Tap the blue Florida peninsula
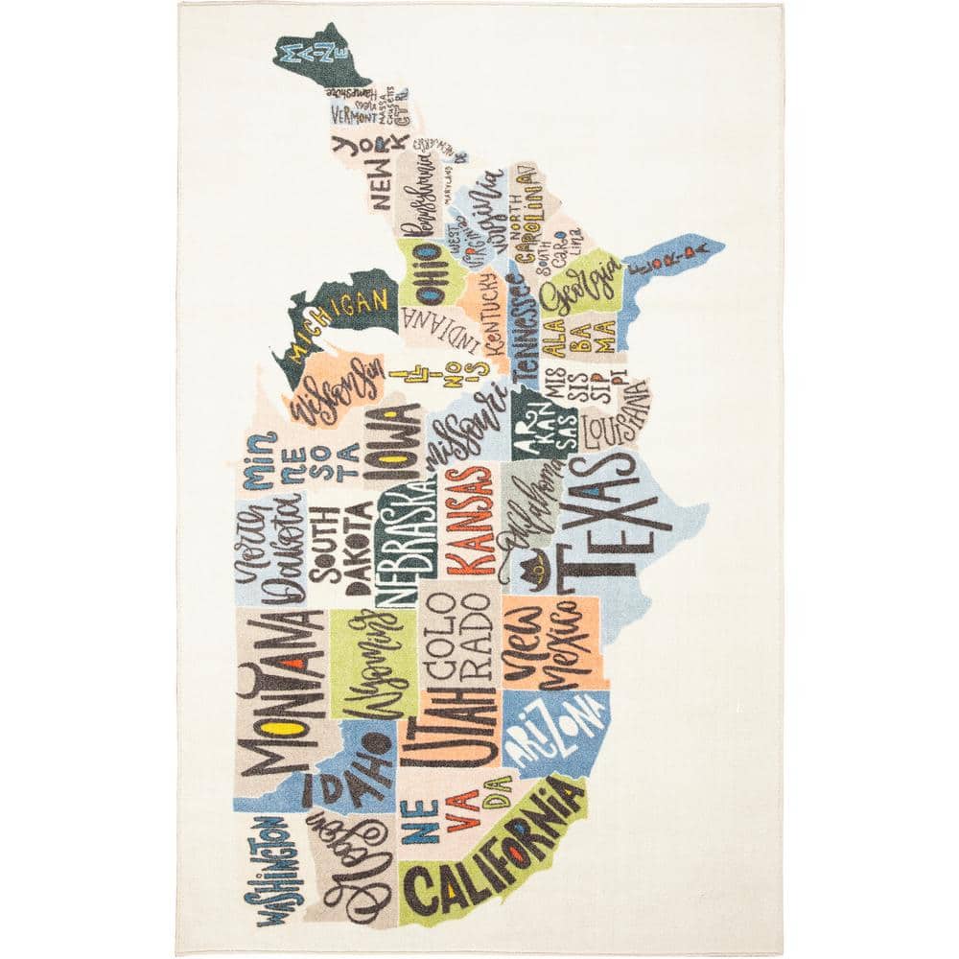671,255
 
